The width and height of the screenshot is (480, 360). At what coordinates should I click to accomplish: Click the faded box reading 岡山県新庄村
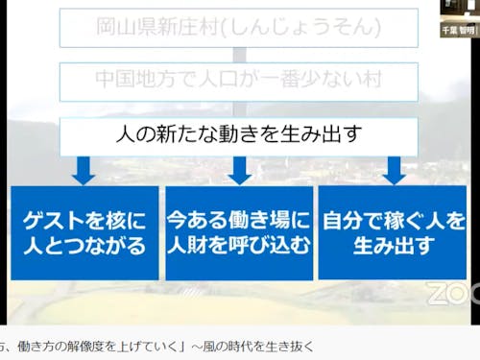[x=239, y=28]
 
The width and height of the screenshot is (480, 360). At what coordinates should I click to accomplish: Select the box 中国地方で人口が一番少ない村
[x=239, y=81]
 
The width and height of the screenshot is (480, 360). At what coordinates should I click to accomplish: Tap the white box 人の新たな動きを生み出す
[x=239, y=134]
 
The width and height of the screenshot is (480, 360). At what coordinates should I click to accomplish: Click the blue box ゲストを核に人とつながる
[x=84, y=232]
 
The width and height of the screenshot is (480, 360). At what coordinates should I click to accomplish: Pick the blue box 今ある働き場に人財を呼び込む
[x=239, y=232]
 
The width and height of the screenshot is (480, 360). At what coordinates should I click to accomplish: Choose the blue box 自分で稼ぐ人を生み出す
[x=393, y=232]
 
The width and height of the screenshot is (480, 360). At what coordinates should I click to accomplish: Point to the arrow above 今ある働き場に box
[x=239, y=170]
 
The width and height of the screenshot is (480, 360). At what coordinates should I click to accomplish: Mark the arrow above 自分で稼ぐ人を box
[x=393, y=170]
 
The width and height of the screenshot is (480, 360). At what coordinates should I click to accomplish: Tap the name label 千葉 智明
[x=460, y=30]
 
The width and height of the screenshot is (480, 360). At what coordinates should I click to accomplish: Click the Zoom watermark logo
[x=453, y=293]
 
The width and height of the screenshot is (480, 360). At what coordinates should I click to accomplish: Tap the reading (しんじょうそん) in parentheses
[x=307, y=28]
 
